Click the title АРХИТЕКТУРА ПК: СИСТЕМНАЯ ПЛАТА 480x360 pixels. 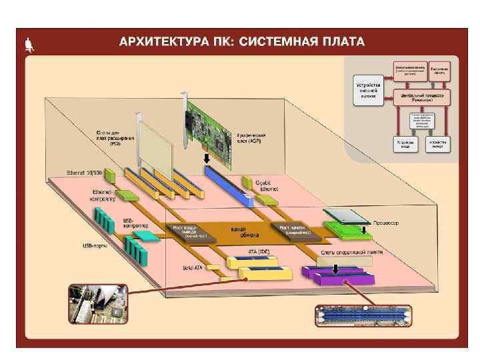[x=241, y=42]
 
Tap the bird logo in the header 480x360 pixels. [x=29, y=45]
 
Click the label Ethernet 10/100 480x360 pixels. [x=84, y=173]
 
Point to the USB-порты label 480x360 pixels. [x=94, y=245]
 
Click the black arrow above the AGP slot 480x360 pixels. [x=206, y=158]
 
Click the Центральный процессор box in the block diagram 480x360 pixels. [x=421, y=97]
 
